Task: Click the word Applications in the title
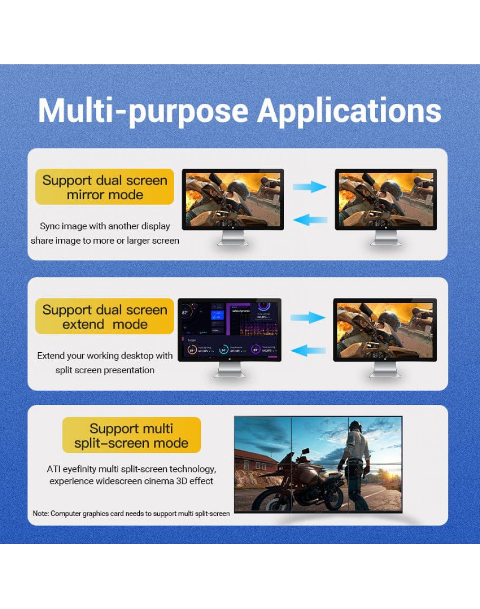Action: [x=349, y=111]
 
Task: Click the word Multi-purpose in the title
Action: [x=143, y=111]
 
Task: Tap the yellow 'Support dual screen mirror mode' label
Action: [x=104, y=187]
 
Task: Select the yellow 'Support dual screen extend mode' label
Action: [x=104, y=317]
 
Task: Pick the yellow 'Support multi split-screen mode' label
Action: [x=131, y=436]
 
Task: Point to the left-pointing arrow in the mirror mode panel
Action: [x=310, y=219]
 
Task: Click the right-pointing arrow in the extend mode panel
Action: [x=308, y=317]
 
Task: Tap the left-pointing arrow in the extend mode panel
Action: [x=308, y=350]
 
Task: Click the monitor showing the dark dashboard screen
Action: [x=229, y=330]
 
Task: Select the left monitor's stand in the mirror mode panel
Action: [x=233, y=238]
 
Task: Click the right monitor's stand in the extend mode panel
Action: [x=385, y=370]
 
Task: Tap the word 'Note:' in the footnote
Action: [x=41, y=513]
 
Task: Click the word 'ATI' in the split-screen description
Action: [x=54, y=469]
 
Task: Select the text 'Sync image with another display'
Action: [x=105, y=226]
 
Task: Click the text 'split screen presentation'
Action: [x=105, y=370]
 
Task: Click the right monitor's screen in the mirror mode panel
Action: [x=386, y=199]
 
